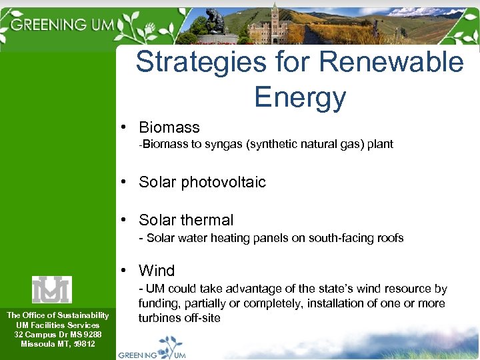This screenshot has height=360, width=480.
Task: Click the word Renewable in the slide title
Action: tap(391, 62)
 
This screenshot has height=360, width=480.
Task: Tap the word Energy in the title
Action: tap(300, 97)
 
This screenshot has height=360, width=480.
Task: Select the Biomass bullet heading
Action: tap(169, 127)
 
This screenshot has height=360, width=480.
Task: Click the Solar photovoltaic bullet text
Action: tap(202, 182)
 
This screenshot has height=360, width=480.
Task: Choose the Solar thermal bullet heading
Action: tap(186, 220)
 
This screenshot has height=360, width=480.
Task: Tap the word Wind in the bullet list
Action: tap(157, 271)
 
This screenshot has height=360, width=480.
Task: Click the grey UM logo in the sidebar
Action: tap(51, 289)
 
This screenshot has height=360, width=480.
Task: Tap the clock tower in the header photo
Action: tap(274, 23)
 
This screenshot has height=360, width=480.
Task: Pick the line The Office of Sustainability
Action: tap(58, 315)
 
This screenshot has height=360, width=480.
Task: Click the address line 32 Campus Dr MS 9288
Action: tap(58, 334)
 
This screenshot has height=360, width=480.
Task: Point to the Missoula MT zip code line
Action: tap(58, 344)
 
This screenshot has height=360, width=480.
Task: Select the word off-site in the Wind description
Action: tap(204, 318)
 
